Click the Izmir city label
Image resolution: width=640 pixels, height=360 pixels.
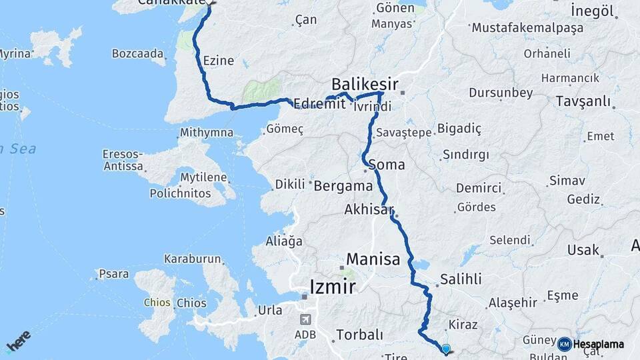tap(333, 287)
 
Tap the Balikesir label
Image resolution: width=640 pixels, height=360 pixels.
tap(365, 84)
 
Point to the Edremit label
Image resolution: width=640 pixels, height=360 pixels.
tap(319, 104)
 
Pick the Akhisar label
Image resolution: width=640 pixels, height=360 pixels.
tap(369, 209)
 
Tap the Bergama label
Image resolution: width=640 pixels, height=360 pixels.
tap(343, 185)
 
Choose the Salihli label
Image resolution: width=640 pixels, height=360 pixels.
tap(461, 279)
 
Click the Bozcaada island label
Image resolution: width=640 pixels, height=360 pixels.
tap(137, 53)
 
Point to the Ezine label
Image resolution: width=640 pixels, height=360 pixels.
tap(219, 61)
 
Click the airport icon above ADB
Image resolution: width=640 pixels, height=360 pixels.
tap(305, 319)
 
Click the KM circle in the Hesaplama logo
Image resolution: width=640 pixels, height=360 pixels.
tap(565, 344)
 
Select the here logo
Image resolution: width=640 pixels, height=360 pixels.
tap(18, 341)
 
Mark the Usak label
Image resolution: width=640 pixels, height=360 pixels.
tap(583, 250)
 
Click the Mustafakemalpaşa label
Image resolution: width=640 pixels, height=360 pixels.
tap(527, 28)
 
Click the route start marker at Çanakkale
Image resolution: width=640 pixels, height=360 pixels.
tap(210, 3)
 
